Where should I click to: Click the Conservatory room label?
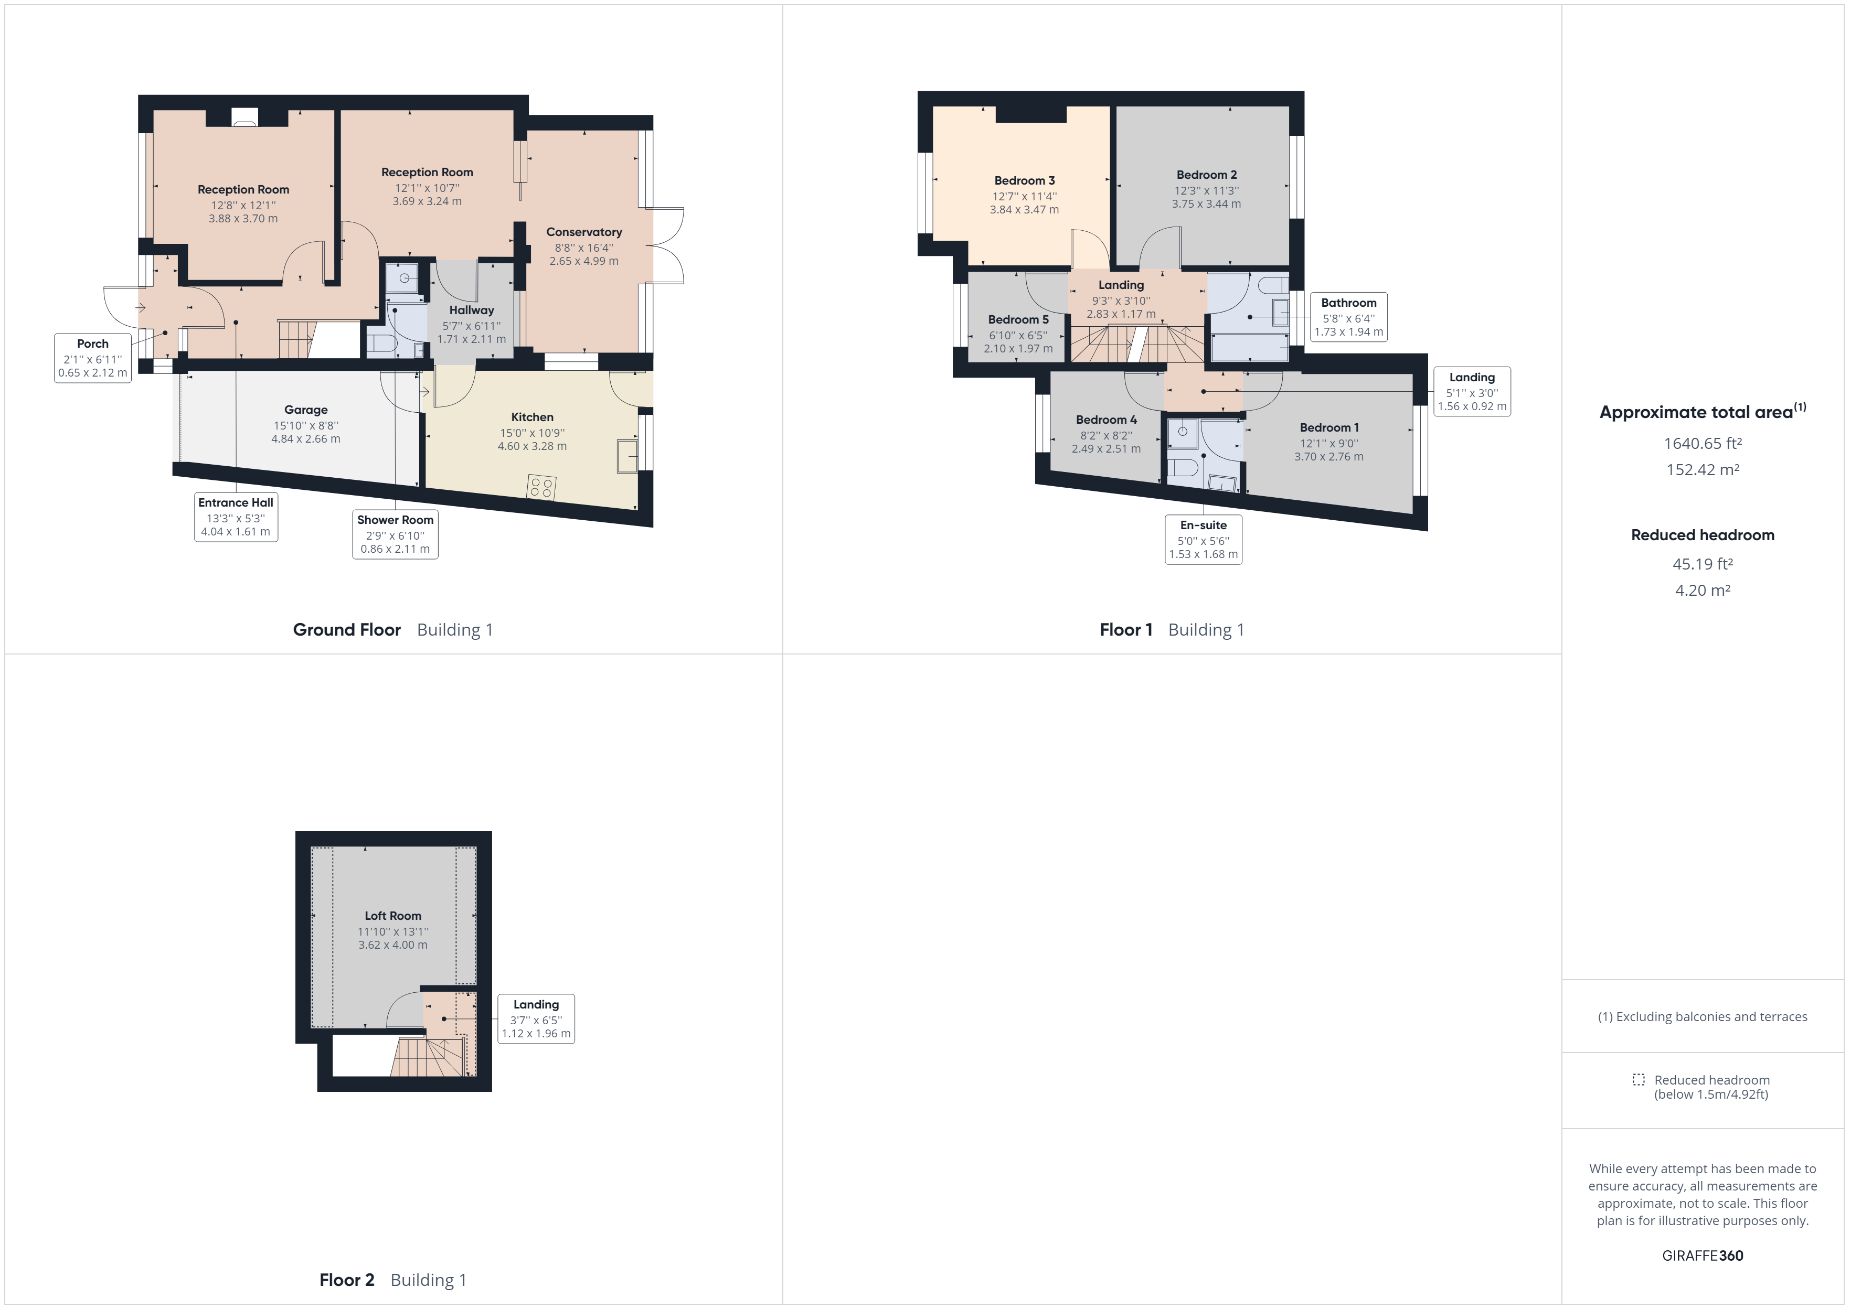coord(583,232)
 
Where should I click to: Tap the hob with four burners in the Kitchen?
coord(541,487)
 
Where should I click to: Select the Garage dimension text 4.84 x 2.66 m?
coord(305,439)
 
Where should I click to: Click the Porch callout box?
coord(93,358)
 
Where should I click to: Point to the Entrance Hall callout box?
coord(236,517)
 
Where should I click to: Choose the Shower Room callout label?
coord(395,520)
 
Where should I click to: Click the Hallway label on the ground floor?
coord(472,310)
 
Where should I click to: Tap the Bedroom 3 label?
coord(1024,180)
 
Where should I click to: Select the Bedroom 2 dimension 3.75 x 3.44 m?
coord(1206,204)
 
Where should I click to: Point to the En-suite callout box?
coord(1203,539)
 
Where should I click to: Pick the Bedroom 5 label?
coord(1018,319)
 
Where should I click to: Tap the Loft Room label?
coord(392,916)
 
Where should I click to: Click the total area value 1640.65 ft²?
coord(1702,443)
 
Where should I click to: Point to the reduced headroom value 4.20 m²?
coord(1702,590)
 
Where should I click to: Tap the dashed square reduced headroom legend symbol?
coord(1638,1079)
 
